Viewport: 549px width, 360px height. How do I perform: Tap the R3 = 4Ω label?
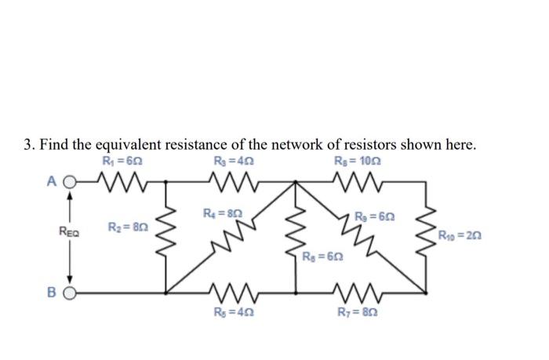(x=234, y=163)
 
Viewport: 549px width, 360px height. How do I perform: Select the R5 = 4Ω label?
(x=233, y=315)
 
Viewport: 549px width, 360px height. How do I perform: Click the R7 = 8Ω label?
(x=353, y=315)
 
